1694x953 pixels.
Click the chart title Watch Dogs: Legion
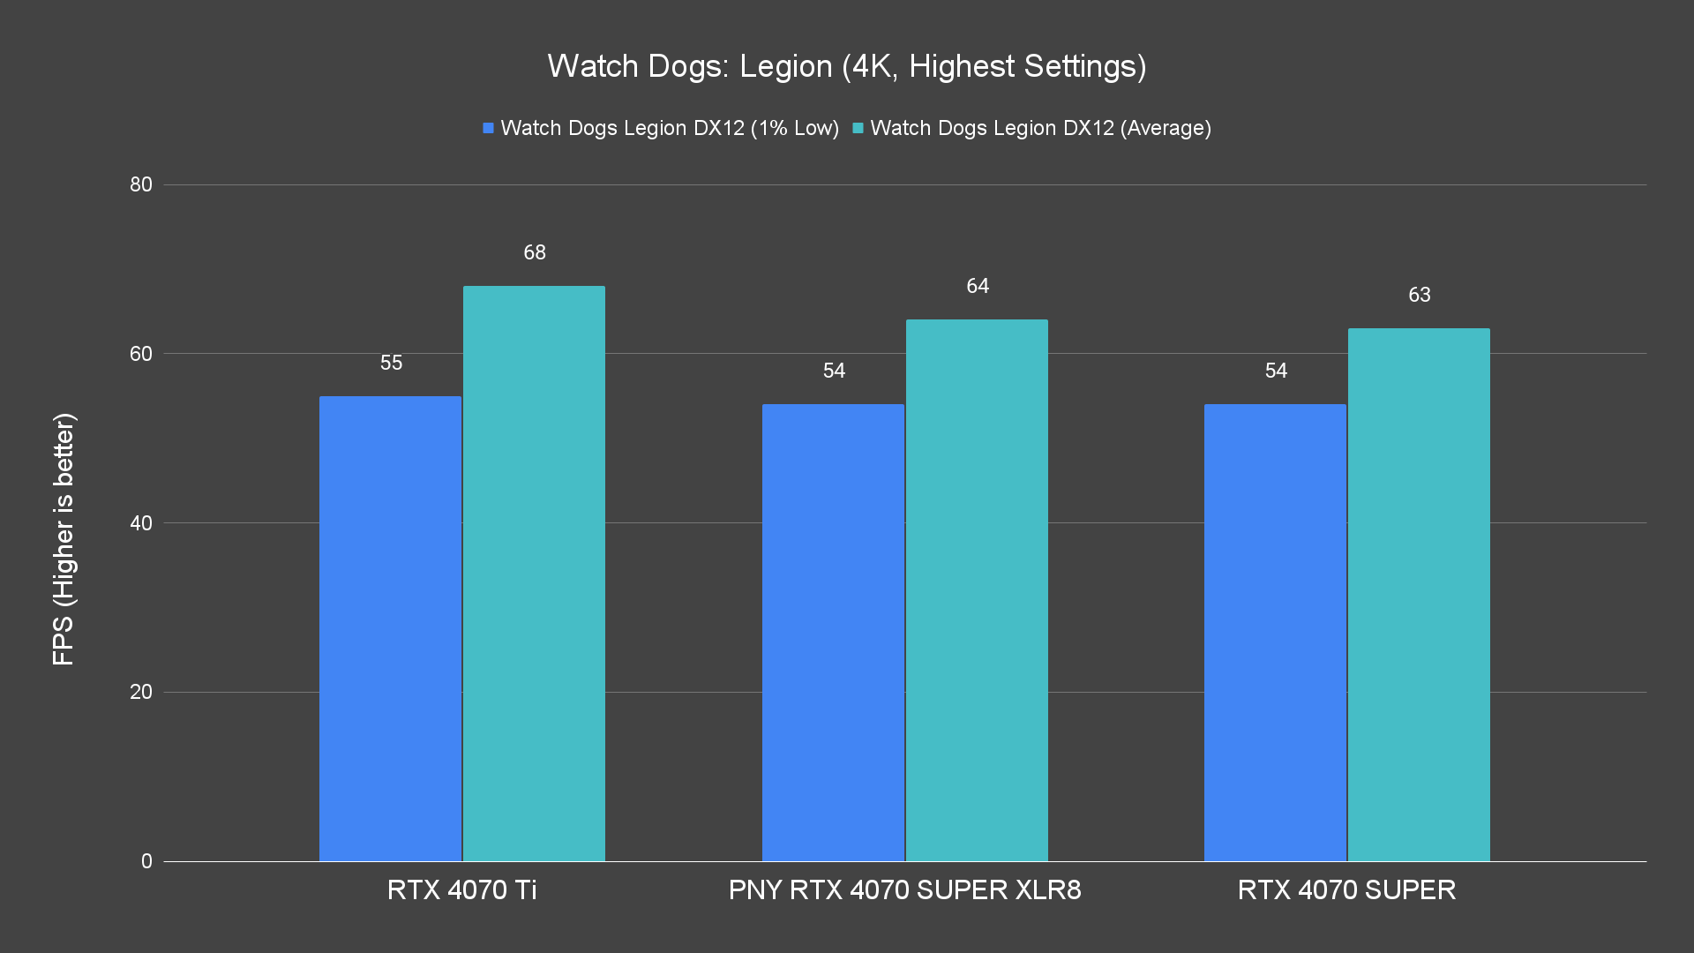pyautogui.click(x=846, y=66)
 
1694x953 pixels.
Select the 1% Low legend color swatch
pyautogui.click(x=488, y=128)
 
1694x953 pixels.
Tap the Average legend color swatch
pyautogui.click(x=858, y=128)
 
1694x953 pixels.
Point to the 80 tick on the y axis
pyautogui.click(x=141, y=184)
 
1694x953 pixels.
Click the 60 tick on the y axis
pyautogui.click(x=141, y=354)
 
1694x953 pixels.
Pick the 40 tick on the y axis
pyautogui.click(x=141, y=523)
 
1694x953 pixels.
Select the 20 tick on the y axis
pyautogui.click(x=141, y=692)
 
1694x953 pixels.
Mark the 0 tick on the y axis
pyautogui.click(x=146, y=861)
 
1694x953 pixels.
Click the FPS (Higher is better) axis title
pyautogui.click(x=64, y=538)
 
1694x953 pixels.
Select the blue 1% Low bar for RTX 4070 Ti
pyautogui.click(x=390, y=628)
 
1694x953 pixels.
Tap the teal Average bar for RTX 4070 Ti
pyautogui.click(x=534, y=574)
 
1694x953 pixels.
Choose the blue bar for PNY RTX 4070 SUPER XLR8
pyautogui.click(x=833, y=633)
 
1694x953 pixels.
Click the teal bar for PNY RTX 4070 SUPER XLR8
pyautogui.click(x=977, y=590)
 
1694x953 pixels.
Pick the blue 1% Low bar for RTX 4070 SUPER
pyautogui.click(x=1275, y=633)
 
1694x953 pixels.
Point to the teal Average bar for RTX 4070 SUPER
pyautogui.click(x=1419, y=595)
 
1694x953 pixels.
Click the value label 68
pyautogui.click(x=535, y=252)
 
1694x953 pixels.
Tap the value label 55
pyautogui.click(x=391, y=363)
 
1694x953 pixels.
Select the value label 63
pyautogui.click(x=1419, y=295)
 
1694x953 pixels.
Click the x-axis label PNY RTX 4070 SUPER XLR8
pyautogui.click(x=904, y=889)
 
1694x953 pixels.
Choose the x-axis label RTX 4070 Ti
pyautogui.click(x=461, y=889)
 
